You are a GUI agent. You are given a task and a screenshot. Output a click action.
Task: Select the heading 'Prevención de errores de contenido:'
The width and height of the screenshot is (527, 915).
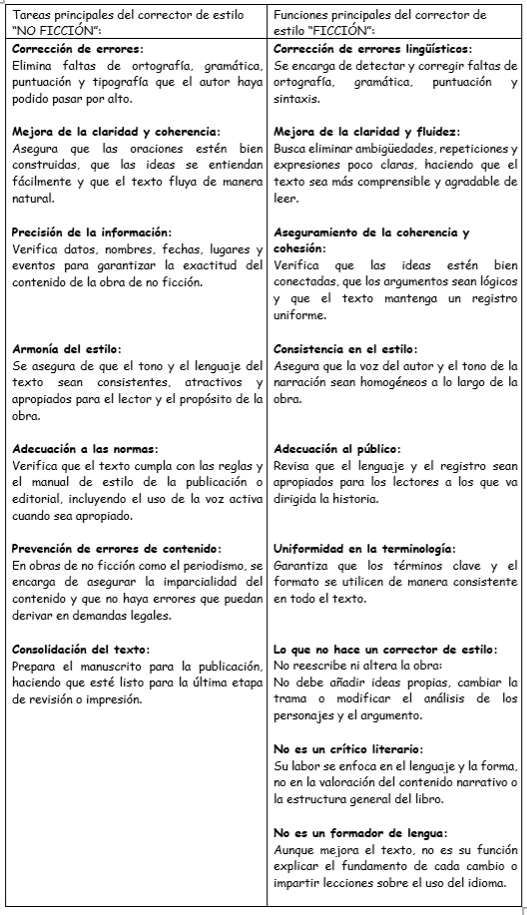coord(117,549)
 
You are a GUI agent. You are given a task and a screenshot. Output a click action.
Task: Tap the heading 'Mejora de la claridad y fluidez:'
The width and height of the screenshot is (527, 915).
coord(366,132)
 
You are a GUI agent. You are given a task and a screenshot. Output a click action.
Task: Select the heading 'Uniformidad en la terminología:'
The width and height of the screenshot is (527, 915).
coord(364,549)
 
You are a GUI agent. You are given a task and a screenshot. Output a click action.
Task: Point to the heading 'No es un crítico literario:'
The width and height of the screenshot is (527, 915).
coord(347,748)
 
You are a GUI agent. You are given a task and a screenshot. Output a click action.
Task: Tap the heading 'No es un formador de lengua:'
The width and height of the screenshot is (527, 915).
coord(359,832)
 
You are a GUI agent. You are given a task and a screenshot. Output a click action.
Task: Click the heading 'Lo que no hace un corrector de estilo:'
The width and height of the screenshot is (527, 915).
coord(385,650)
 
